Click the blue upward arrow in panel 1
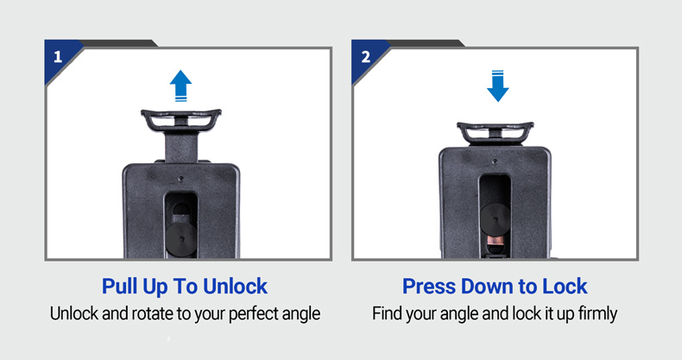click(x=180, y=85)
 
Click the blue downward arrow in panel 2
click(x=497, y=85)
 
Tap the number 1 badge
click(x=58, y=57)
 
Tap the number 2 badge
click(x=366, y=57)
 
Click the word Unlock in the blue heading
click(x=235, y=287)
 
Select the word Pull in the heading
click(x=119, y=287)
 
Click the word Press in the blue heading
click(x=429, y=287)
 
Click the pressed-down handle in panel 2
click(x=495, y=133)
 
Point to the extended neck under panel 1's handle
click(x=181, y=147)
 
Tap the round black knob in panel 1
click(x=181, y=239)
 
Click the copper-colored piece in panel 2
click(x=495, y=241)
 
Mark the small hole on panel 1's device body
click(x=181, y=178)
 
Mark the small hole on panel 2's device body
click(x=495, y=161)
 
